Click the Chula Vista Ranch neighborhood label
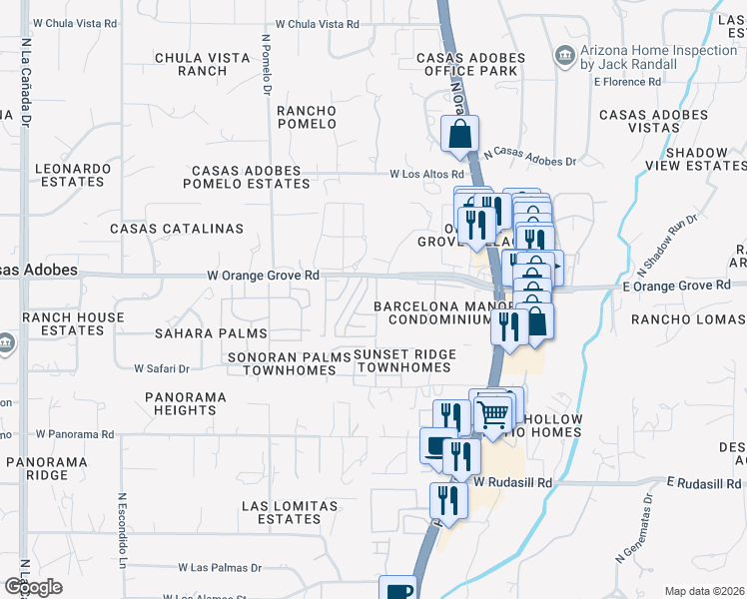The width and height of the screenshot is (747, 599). click(203, 64)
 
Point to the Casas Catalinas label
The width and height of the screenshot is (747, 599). click(177, 229)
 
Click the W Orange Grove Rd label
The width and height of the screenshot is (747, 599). click(263, 275)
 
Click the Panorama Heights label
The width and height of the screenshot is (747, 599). click(186, 402)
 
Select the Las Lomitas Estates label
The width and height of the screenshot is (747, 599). click(290, 512)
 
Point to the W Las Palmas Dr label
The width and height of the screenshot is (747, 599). click(220, 567)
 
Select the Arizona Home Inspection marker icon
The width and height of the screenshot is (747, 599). click(565, 54)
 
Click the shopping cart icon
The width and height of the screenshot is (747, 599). click(492, 412)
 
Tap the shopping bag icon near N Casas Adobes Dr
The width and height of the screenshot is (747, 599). click(459, 133)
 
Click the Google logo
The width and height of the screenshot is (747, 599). click(33, 587)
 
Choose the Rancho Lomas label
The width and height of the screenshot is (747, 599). click(688, 319)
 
